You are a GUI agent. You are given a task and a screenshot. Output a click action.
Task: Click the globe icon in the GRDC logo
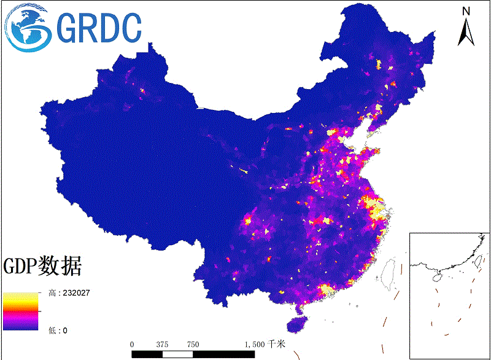point(28,27)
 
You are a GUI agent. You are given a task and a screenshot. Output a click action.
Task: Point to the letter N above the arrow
point(466,11)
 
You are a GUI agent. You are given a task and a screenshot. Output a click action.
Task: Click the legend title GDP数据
point(42,266)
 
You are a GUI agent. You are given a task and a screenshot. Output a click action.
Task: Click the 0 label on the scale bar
point(132,345)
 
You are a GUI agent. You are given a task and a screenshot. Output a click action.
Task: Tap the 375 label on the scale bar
point(163,345)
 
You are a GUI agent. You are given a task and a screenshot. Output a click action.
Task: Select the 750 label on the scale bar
point(193,345)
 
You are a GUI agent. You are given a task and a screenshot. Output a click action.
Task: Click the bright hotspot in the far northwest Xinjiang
point(142,90)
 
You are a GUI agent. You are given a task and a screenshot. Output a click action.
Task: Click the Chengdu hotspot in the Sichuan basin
point(249,219)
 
